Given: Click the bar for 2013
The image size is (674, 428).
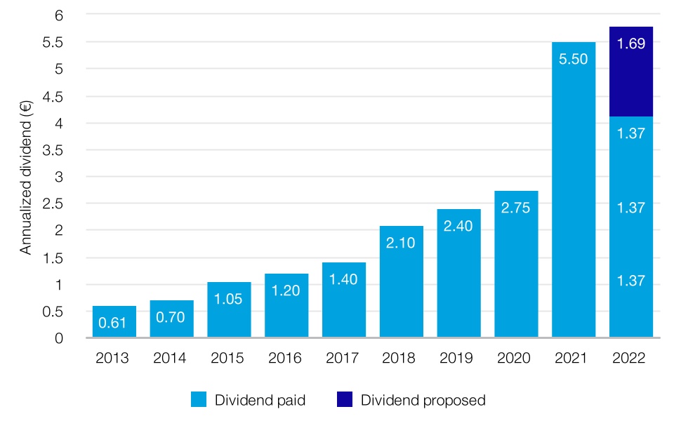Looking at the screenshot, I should point(114,321).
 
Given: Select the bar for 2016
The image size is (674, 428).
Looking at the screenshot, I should point(286,305).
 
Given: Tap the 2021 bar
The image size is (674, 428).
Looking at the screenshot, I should point(574,189).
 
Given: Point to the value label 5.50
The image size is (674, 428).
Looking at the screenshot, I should point(574,60).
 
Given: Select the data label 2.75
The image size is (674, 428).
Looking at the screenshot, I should point(516,208).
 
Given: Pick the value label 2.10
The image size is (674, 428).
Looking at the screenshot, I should point(402,243).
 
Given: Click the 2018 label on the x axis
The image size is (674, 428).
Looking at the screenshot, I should point(402,359).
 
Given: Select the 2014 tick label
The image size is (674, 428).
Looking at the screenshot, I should point(171,359).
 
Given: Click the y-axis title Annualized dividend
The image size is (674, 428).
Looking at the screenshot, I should point(26,175).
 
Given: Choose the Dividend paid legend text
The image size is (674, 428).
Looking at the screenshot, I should point(260,401).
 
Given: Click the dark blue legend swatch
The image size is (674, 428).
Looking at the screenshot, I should point(344,401).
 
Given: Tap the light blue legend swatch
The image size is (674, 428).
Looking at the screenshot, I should point(199,401).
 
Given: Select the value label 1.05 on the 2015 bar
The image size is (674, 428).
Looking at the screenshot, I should point(229,300).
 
